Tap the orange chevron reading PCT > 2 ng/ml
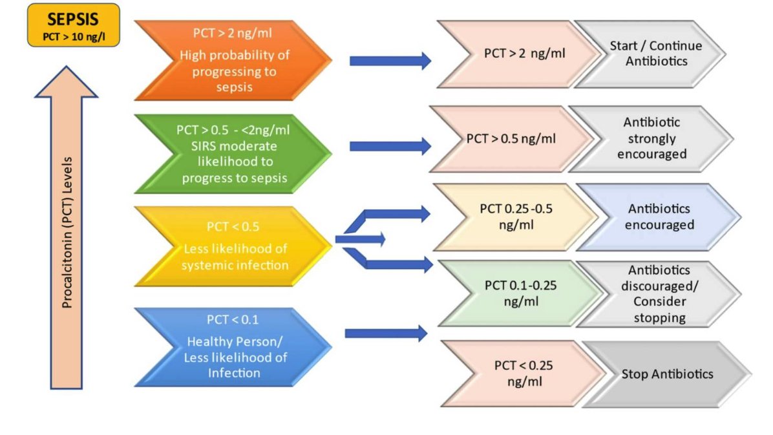pos(233,59)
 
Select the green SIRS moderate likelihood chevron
pos(233,153)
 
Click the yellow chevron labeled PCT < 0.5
pos(233,246)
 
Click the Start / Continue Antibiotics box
pos(654,54)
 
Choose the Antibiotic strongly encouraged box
pos(650,138)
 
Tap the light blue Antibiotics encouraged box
pos(658,217)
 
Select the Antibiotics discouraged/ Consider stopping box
pos(658,293)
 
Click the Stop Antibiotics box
pos(666,374)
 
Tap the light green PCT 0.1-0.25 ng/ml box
pos(514,293)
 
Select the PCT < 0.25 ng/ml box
pos(522,374)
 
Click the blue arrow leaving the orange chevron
pos(390,61)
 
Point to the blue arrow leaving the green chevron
pos(390,146)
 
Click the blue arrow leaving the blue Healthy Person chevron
pos(386,334)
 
